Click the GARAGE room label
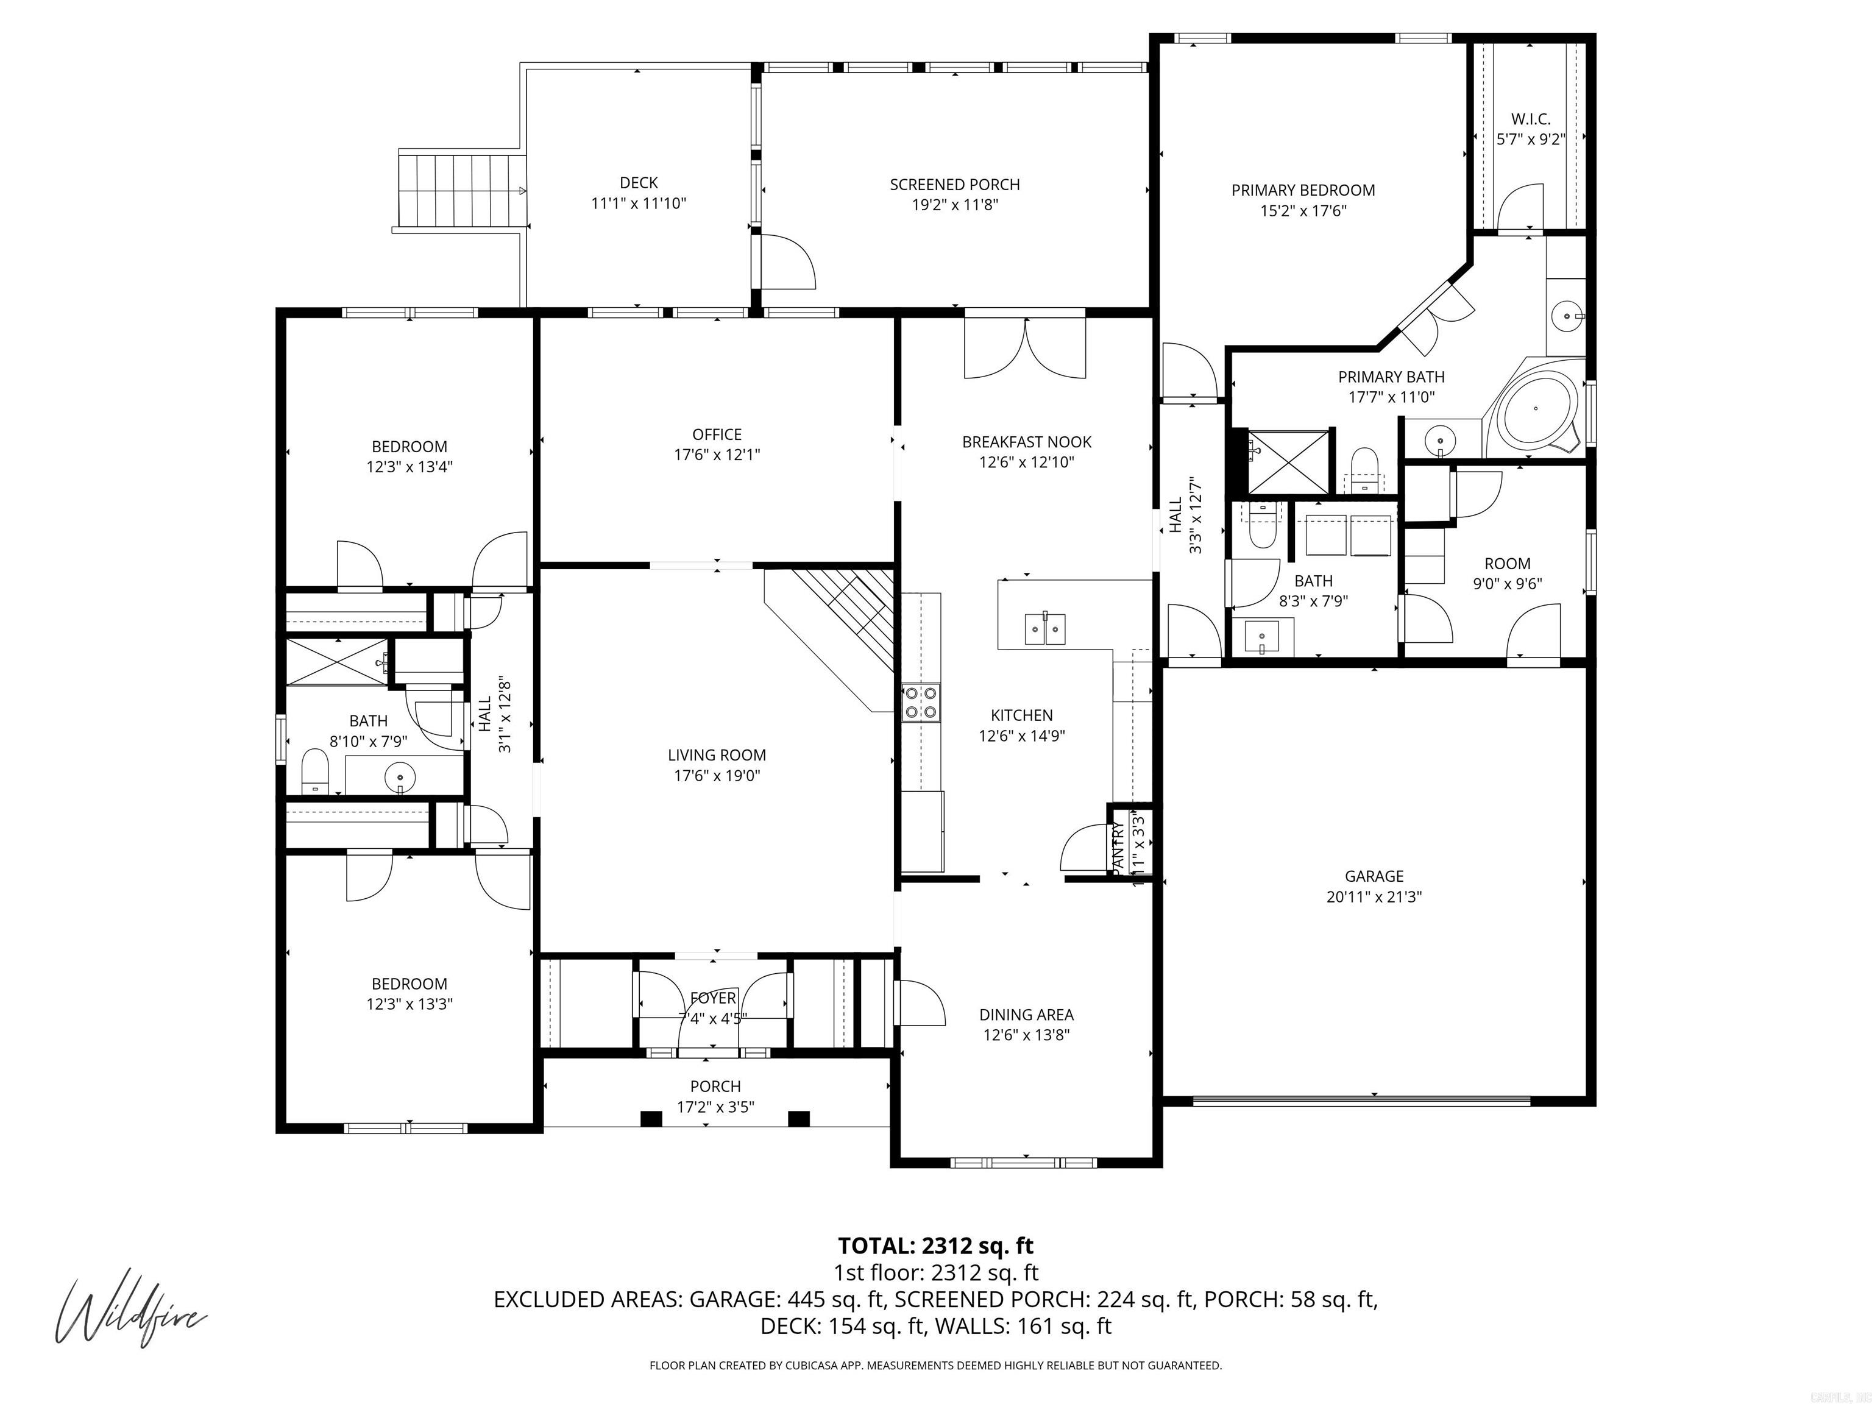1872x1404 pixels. click(1374, 876)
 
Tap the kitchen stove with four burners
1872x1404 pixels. click(921, 701)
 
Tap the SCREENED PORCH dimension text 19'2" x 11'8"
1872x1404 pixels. click(955, 205)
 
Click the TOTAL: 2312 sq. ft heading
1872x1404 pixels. click(935, 1246)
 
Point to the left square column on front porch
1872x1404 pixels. click(650, 1119)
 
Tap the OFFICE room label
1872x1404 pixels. click(717, 434)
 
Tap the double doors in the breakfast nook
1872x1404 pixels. click(1025, 348)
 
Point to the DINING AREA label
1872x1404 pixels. click(1026, 1014)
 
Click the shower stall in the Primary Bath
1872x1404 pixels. click(1288, 461)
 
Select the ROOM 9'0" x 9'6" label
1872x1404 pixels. click(1507, 563)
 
